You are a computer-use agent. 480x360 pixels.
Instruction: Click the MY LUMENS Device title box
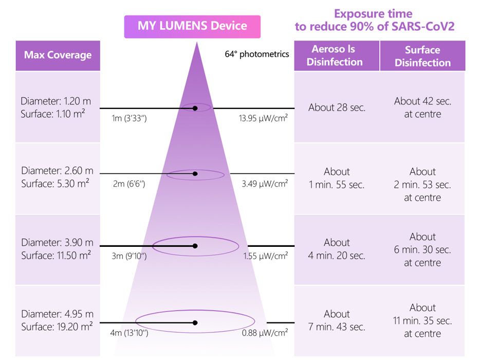pyautogui.click(x=192, y=26)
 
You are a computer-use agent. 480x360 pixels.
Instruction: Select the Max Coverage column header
pyautogui.click(x=58, y=55)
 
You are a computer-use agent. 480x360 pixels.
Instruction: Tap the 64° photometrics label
pyautogui.click(x=256, y=53)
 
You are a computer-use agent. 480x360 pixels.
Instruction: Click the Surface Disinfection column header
pyautogui.click(x=422, y=56)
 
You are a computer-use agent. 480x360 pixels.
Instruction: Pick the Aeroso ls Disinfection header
pyautogui.click(x=337, y=56)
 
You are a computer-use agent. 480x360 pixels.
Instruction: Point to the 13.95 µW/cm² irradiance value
pyautogui.click(x=263, y=118)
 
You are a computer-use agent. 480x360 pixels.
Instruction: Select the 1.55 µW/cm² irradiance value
pyautogui.click(x=265, y=256)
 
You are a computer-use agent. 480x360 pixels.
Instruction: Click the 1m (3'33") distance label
pyautogui.click(x=129, y=118)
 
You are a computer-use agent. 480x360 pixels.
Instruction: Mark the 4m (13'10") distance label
pyautogui.click(x=130, y=333)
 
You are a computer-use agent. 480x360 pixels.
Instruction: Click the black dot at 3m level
pyautogui.click(x=195, y=246)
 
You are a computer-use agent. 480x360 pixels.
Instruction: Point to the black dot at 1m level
pyautogui.click(x=195, y=109)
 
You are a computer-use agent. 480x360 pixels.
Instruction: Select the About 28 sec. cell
pyautogui.click(x=337, y=107)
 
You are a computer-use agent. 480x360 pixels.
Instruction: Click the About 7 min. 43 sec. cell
pyautogui.click(x=337, y=320)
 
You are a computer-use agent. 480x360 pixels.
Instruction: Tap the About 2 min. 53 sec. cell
pyautogui.click(x=422, y=184)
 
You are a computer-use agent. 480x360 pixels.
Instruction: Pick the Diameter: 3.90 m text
pyautogui.click(x=57, y=242)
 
